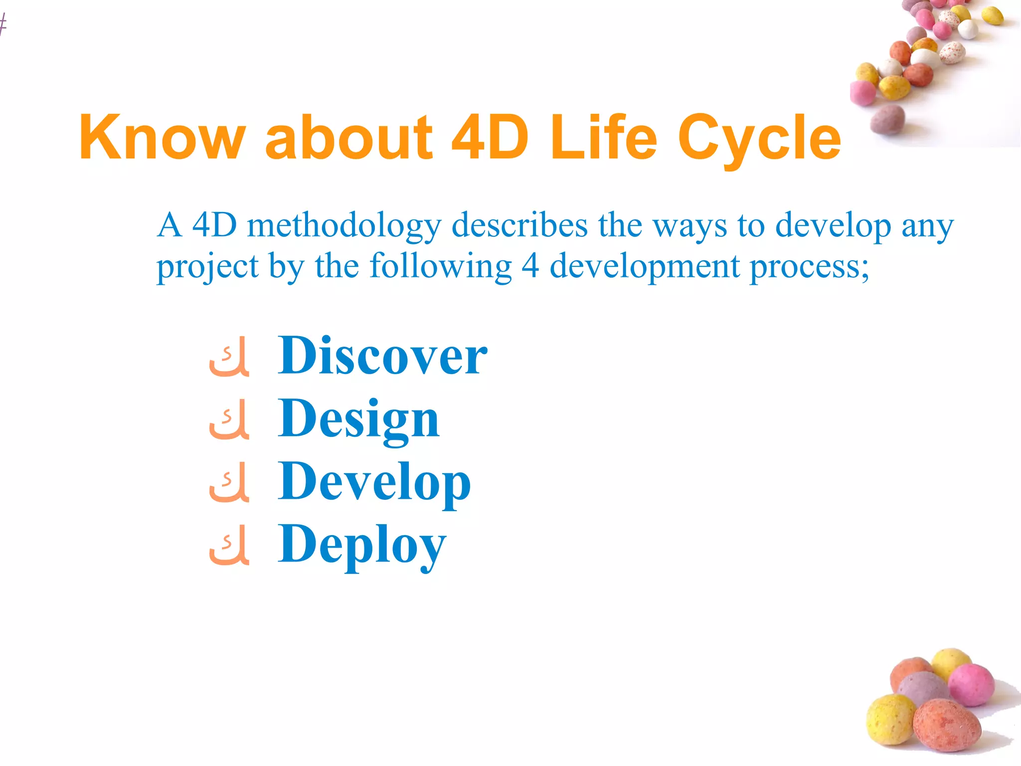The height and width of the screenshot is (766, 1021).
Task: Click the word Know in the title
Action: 163,137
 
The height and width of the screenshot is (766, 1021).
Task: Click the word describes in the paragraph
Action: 519,225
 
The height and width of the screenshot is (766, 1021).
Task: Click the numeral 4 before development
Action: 530,266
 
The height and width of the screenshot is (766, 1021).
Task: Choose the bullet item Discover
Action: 382,356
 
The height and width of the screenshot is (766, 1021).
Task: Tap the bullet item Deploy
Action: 362,546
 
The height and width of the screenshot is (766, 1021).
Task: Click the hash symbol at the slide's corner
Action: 3,24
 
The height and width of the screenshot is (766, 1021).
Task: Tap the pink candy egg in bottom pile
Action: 971,684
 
